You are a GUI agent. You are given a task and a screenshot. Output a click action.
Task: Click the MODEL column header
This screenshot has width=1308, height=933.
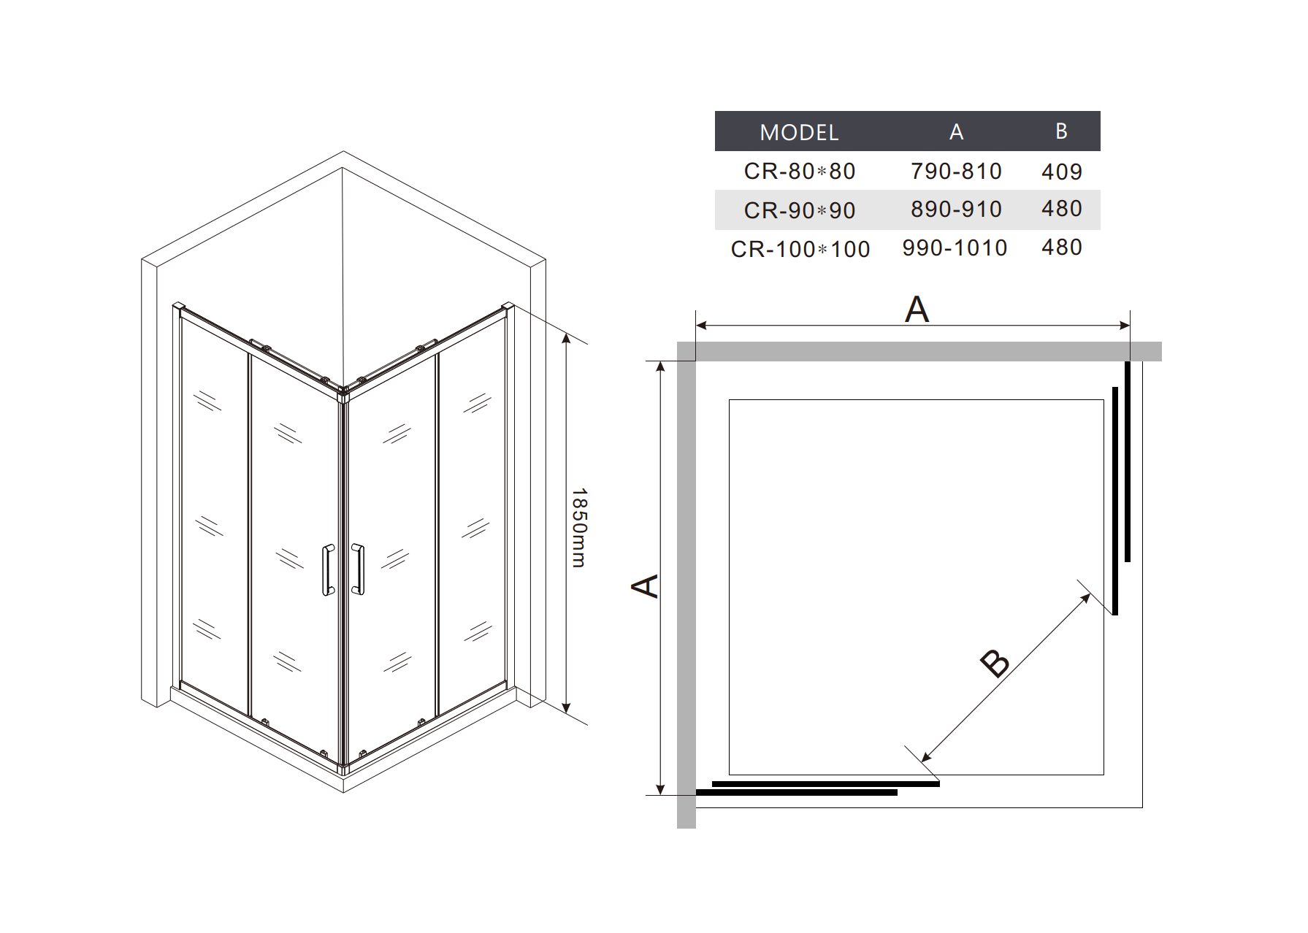pos(799,132)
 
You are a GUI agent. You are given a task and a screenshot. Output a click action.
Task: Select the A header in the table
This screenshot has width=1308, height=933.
pos(956,132)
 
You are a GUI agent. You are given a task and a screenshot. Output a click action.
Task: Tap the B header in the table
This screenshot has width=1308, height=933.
pos(1061,131)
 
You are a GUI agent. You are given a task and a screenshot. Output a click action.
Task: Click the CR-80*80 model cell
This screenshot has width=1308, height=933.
pos(800,171)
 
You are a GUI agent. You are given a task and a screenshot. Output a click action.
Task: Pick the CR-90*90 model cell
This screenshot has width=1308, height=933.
pos(800,210)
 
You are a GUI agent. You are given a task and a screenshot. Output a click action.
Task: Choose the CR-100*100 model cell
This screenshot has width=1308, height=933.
pos(800,249)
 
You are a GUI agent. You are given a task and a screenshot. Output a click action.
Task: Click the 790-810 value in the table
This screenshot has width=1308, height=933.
pos(956,171)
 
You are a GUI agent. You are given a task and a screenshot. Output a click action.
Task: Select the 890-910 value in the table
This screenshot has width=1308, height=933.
pos(956,210)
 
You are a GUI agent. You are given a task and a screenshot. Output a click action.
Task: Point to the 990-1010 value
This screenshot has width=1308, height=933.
pos(955,248)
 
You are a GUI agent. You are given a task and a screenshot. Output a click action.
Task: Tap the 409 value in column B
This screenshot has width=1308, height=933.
pos(1061,172)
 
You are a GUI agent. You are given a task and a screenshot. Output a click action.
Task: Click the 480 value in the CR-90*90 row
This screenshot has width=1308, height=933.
pos(1061,209)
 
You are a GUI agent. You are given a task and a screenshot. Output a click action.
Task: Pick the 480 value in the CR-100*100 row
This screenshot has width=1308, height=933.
pos(1061,247)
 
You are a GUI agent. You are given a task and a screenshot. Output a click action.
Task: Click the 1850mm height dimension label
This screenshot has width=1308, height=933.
pos(578,527)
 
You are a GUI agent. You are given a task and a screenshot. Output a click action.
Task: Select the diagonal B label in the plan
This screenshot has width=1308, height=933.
pos(995,663)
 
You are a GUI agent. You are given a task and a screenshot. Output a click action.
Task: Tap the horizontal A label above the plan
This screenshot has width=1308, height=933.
pos(917,309)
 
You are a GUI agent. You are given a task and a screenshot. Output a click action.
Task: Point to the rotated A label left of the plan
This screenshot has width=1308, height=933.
pos(645,585)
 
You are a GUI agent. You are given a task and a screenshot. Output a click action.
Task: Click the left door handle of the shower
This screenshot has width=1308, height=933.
pos(328,569)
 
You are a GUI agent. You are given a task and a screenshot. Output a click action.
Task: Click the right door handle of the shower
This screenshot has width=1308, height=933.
pos(357,569)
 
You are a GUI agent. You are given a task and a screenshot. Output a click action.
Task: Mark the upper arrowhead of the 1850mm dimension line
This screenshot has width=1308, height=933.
pos(566,338)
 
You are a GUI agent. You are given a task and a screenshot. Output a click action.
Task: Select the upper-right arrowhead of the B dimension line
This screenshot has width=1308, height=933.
pos(1086,598)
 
